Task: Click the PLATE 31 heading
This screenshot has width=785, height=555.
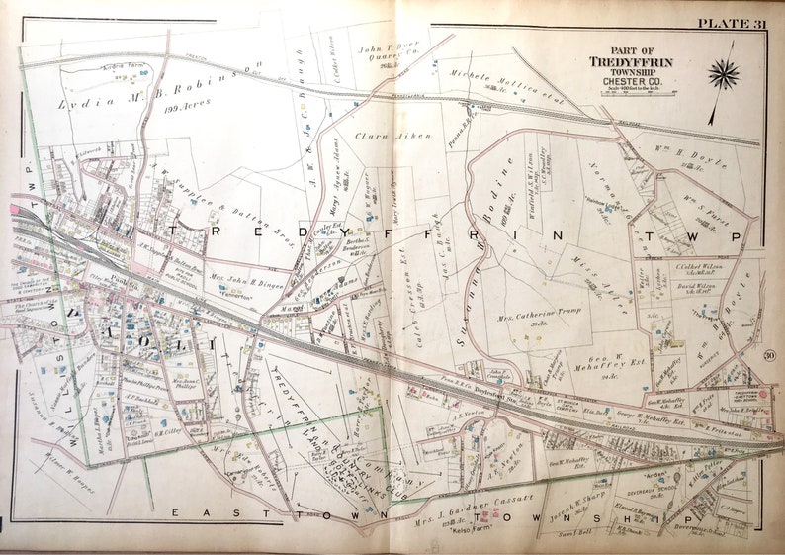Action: [x=731, y=22]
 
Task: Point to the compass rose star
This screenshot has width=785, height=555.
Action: [x=724, y=74]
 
